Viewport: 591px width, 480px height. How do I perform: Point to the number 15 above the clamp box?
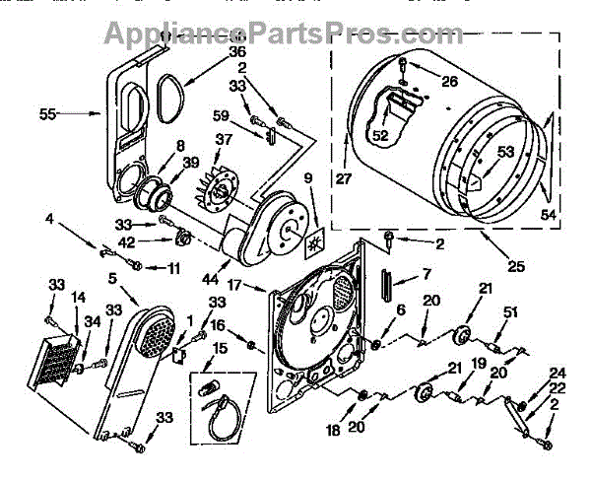click(x=219, y=348)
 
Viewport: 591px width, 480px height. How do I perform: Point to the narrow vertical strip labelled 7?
click(x=388, y=287)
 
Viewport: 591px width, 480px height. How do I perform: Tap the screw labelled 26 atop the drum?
click(x=404, y=67)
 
